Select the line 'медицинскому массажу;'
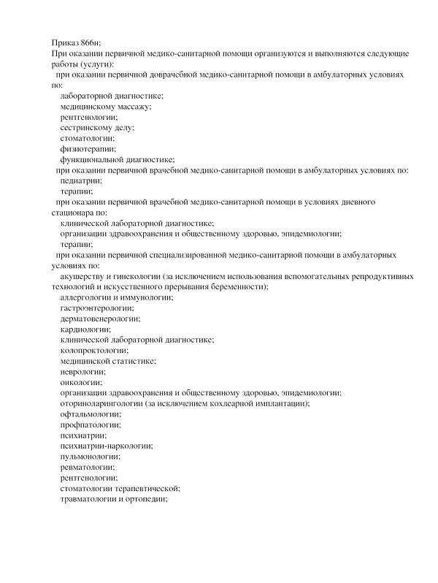click(x=106, y=107)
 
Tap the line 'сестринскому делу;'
click(x=97, y=128)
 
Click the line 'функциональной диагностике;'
click(x=117, y=159)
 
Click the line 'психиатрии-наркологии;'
click(x=106, y=446)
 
